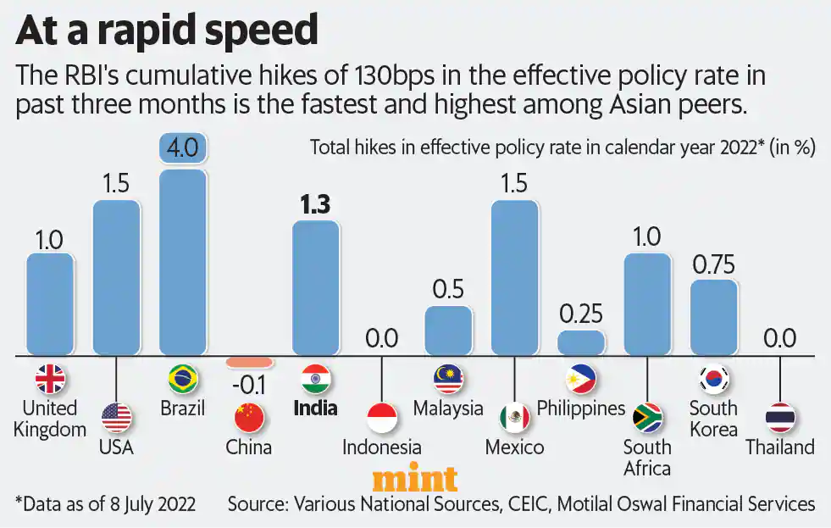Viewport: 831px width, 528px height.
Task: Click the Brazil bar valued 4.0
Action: click(x=182, y=261)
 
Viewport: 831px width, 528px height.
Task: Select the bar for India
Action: click(x=316, y=287)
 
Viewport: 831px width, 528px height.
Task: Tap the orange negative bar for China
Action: click(x=249, y=362)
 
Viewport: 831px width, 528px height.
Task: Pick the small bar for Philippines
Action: click(x=581, y=342)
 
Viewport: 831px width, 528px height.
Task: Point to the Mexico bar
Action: click(x=514, y=277)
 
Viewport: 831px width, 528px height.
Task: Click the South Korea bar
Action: click(x=713, y=317)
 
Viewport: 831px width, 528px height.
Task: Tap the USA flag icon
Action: click(x=116, y=417)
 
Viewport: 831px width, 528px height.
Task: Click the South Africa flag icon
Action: click(x=647, y=417)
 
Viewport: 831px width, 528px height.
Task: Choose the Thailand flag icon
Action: click(x=779, y=417)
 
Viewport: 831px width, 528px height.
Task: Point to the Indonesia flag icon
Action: click(x=381, y=417)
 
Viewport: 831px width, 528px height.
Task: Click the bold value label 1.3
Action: click(x=314, y=204)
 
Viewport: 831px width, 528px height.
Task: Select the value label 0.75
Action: click(x=713, y=263)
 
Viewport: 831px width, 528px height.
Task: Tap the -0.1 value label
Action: click(x=248, y=385)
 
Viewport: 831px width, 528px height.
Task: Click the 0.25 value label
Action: click(x=581, y=314)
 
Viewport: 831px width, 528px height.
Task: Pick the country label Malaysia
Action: click(x=448, y=408)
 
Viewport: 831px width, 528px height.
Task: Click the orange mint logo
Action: click(x=415, y=480)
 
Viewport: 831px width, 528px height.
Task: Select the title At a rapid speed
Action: click(x=167, y=31)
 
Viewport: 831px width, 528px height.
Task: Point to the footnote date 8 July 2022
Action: click(x=144, y=504)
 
